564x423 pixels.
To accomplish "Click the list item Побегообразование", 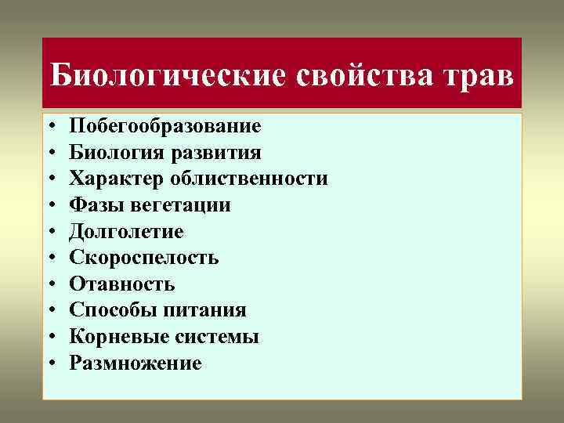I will (164, 126).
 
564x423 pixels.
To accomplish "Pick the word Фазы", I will (92, 205).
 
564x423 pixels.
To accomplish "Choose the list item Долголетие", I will (126, 232).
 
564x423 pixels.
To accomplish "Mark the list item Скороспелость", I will (143, 258).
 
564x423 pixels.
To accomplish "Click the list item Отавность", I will (121, 284).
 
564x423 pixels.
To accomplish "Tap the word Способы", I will (113, 311).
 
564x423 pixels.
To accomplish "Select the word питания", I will (204, 311).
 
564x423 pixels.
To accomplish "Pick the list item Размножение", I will (135, 363).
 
